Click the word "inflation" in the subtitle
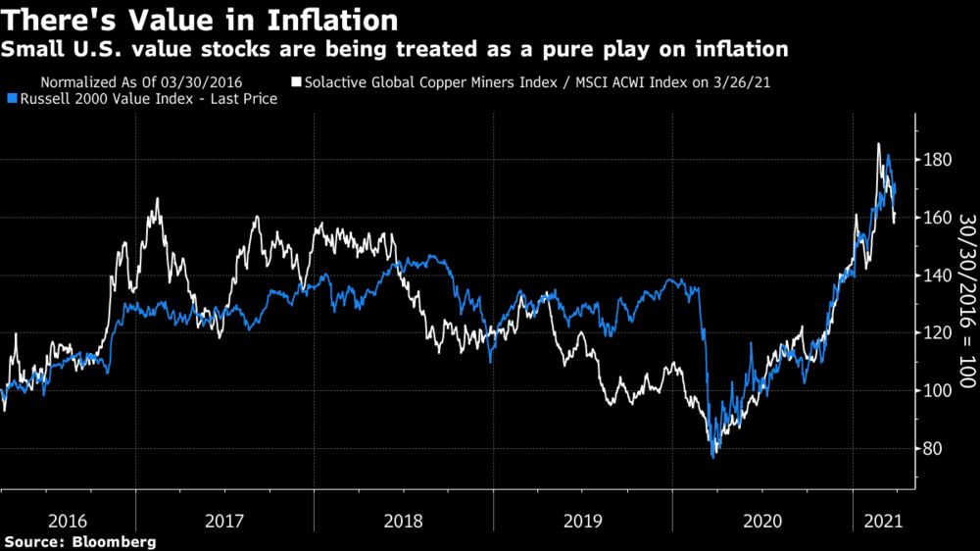click(747, 49)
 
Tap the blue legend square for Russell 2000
click(11, 98)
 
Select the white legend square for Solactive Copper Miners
click(296, 81)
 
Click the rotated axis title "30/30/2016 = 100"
click(964, 285)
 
